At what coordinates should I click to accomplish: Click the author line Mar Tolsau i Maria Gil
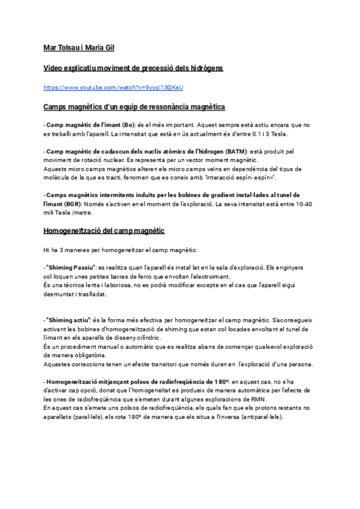(79, 47)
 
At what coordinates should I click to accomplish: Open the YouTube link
(113, 88)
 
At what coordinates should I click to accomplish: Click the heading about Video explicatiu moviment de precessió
(133, 68)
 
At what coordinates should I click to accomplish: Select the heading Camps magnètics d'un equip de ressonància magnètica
(134, 107)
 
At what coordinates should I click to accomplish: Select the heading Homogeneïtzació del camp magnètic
(104, 230)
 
